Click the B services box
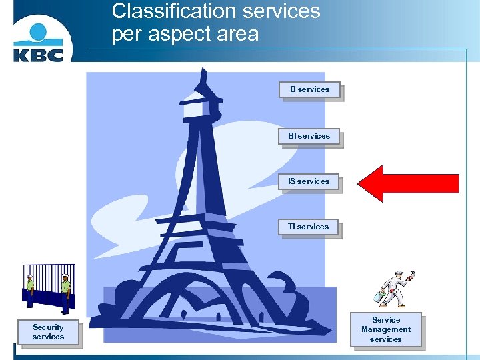tap(309, 89)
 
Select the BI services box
tap(309, 136)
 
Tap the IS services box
tap(309, 181)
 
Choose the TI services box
tap(309, 227)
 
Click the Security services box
tap(48, 332)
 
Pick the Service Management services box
tap(385, 329)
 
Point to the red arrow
tap(408, 183)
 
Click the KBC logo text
tap(38, 53)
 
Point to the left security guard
tap(30, 290)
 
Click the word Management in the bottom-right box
tap(385, 329)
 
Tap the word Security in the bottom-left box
tap(48, 327)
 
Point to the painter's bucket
tap(380, 295)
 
